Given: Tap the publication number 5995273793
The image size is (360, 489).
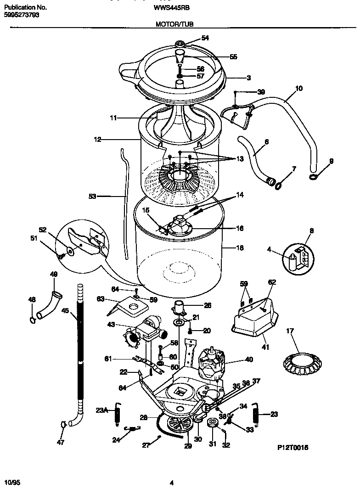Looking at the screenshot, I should point(22,15).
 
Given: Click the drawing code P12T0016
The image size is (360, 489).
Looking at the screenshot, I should point(292,446).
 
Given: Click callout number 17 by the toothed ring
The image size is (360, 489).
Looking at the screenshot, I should point(290,331).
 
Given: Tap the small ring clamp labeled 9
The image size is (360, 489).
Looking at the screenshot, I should point(313,177).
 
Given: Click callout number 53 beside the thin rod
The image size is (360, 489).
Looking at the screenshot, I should point(93,197).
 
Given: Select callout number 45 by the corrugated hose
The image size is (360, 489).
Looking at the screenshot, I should point(65,311).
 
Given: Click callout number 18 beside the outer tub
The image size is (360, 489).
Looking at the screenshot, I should point(240,248).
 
